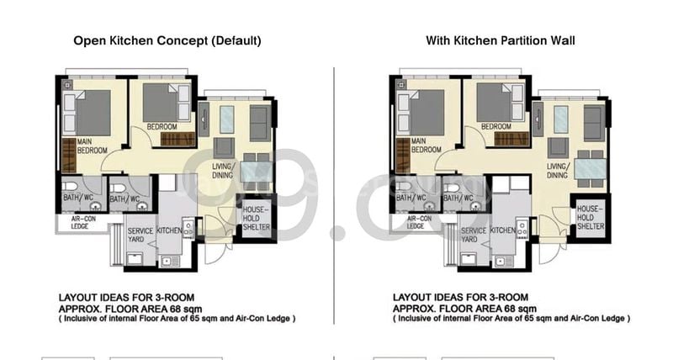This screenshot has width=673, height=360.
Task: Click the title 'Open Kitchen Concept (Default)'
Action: (x=167, y=40)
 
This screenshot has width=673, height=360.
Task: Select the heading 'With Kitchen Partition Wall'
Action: (x=501, y=40)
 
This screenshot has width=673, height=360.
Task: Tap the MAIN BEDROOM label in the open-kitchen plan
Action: (x=92, y=146)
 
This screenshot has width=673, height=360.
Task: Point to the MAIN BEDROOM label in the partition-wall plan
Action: (x=426, y=146)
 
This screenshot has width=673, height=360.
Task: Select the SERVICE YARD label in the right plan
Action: (x=474, y=235)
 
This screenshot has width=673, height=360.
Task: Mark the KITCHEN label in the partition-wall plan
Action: (x=503, y=230)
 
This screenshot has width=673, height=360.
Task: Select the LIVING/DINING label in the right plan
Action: (x=559, y=171)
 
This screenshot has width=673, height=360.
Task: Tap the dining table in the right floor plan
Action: (x=590, y=168)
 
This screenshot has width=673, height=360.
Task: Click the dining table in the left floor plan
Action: (x=256, y=170)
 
